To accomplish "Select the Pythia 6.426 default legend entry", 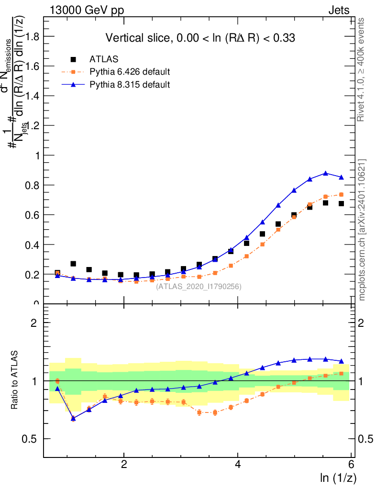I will click(130, 72).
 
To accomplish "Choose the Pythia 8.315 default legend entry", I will click(130, 85).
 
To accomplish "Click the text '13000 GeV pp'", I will click(87, 10).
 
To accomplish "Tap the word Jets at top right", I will click(339, 10).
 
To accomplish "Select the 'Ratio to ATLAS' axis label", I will click(15, 381).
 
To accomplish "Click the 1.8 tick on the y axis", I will click(33, 36).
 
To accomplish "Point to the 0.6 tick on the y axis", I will click(33, 215).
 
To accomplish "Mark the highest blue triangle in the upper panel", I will click(326, 173).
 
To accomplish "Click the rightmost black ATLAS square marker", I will click(342, 203).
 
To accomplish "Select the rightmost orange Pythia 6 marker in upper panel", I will click(342, 194).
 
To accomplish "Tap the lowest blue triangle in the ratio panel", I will click(73, 418).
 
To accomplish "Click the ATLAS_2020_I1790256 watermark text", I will click(199, 287).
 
